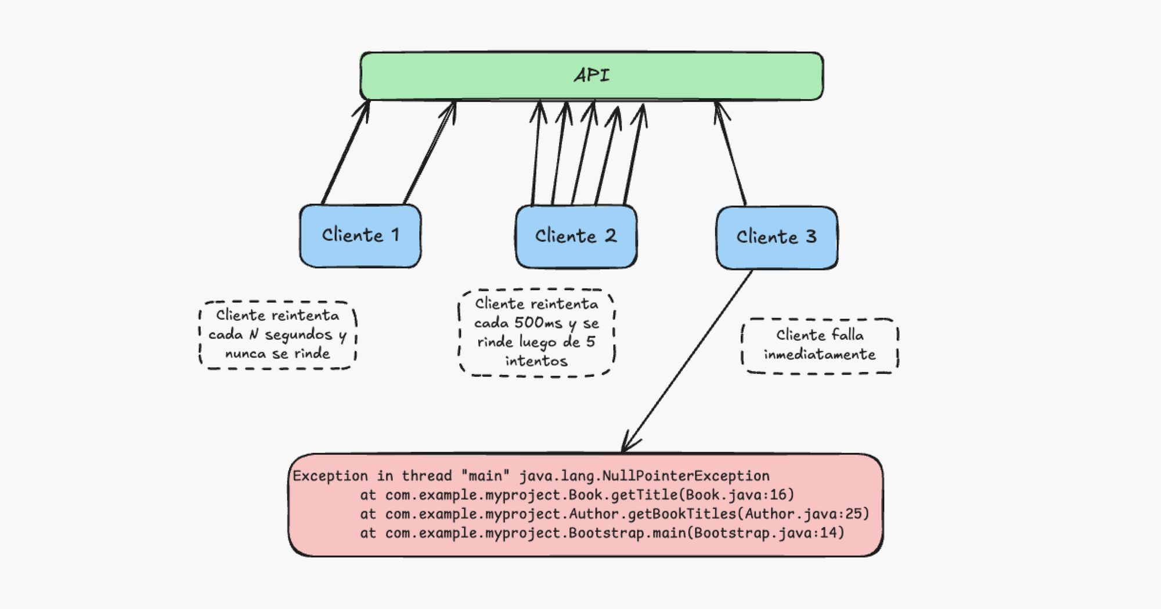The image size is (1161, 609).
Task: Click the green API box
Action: coord(591,76)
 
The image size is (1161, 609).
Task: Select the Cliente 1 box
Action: coord(360,236)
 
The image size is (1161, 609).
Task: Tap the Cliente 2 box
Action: coord(576,236)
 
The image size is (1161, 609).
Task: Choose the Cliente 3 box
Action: coord(777,237)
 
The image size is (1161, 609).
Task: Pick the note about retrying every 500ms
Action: coord(536,333)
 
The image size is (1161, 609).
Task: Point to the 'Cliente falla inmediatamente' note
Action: coord(820,345)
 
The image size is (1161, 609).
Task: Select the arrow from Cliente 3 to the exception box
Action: coord(688,360)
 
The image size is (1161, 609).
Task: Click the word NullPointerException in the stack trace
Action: coord(686,476)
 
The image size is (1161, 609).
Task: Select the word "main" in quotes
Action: coord(485,476)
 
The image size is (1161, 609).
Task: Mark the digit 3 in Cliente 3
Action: coord(811,237)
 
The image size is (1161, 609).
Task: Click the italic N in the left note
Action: coord(254,335)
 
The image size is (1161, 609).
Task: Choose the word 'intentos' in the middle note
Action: coord(536,361)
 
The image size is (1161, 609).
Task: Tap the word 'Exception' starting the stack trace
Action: coord(330,476)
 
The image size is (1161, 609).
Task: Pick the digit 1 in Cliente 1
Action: coord(395,235)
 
